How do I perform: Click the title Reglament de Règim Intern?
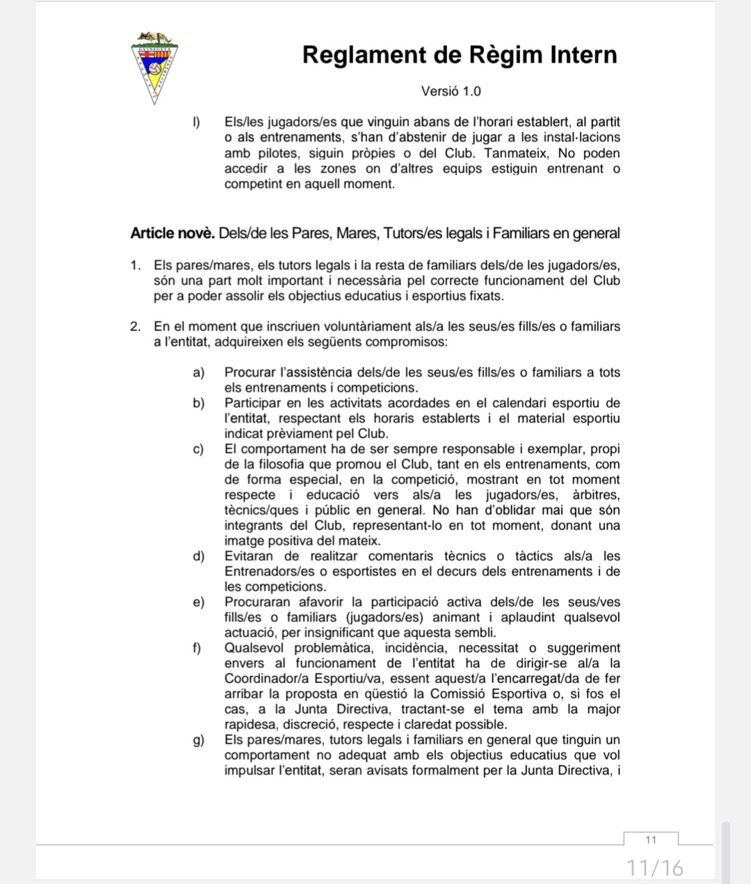(460, 55)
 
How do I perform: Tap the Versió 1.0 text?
(451, 91)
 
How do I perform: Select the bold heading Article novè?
(172, 234)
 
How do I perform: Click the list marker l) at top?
(197, 122)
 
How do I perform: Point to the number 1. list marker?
(136, 266)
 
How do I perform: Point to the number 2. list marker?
(136, 326)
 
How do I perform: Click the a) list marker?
(199, 373)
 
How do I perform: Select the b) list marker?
(199, 403)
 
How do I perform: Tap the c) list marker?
(199, 449)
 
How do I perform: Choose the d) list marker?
(199, 556)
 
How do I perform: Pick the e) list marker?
(199, 602)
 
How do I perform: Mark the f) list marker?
(197, 648)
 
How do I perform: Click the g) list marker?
(199, 740)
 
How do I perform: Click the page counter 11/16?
(655, 867)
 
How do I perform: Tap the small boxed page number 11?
(651, 839)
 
